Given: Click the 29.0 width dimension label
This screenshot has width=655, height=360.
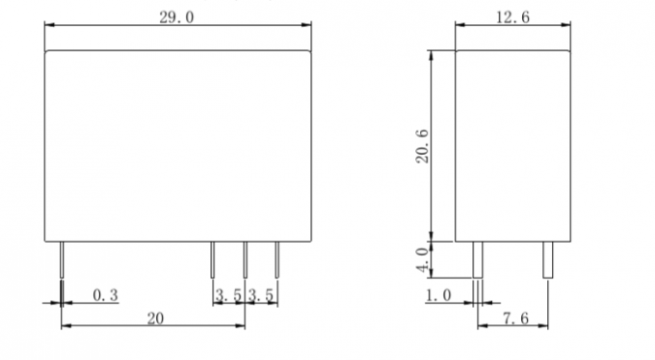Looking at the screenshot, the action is (x=176, y=17).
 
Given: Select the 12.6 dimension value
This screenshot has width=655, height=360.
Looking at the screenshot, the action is (x=512, y=17).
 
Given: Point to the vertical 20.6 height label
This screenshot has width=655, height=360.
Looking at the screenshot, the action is (x=422, y=146).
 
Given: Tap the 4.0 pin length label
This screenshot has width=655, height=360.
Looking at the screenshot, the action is (x=423, y=259).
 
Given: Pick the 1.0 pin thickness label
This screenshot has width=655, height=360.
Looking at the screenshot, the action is (x=438, y=296).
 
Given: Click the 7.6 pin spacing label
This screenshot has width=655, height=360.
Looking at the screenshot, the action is (x=515, y=319).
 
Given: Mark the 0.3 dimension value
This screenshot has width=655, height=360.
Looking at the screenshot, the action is (x=105, y=296).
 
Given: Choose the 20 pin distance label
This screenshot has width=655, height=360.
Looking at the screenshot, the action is (x=155, y=319).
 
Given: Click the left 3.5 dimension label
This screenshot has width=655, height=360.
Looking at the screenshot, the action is (x=228, y=296).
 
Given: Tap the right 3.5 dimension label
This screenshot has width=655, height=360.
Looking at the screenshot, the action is (x=261, y=296).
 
